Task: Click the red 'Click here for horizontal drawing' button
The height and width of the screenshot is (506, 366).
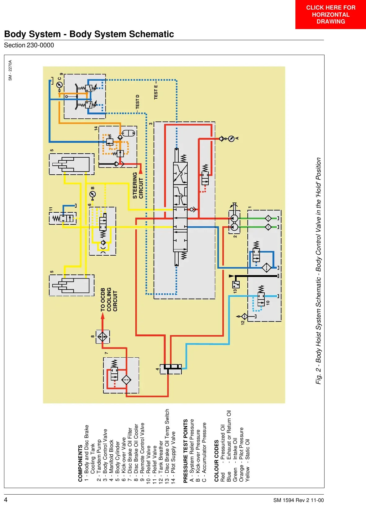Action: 330,15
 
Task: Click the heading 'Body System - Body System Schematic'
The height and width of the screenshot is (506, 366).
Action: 89,34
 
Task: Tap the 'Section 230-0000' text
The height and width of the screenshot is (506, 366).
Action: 29,45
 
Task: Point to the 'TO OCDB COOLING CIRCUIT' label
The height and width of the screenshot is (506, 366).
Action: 109,300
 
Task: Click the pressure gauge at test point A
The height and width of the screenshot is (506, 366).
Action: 231,139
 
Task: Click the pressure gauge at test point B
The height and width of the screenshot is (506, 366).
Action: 93,194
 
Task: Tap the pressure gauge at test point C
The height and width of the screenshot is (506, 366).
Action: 59,85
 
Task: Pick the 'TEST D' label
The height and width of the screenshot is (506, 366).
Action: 137,102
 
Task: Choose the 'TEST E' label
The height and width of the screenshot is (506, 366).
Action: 156,92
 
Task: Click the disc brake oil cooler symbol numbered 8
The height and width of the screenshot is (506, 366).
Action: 103,337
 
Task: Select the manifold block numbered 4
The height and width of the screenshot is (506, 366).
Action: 171,369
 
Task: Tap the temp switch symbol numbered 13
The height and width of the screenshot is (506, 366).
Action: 236,284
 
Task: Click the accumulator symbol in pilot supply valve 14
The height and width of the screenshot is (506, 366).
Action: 128,133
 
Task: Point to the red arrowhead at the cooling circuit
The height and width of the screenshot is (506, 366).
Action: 102,316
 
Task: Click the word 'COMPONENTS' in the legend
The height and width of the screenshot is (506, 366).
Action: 80,463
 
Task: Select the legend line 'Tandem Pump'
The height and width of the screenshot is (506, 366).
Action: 99,460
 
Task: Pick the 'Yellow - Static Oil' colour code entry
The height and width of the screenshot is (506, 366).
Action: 247,460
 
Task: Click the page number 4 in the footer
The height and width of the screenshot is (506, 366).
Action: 6,500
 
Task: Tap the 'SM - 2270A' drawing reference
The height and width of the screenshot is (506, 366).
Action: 10,70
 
